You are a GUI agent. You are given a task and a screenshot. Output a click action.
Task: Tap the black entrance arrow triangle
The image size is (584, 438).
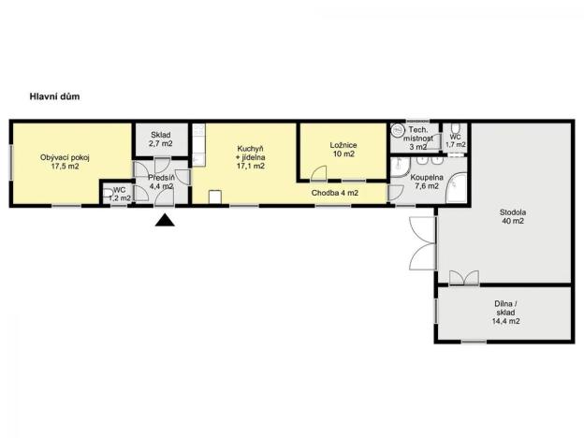pos(165,221)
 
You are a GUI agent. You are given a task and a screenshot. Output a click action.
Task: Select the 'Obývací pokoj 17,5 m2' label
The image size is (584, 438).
pos(59,162)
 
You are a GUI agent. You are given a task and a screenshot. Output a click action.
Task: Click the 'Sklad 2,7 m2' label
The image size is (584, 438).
pos(160,139)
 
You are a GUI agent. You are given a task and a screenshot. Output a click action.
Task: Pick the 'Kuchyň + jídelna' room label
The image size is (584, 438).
pos(250,157)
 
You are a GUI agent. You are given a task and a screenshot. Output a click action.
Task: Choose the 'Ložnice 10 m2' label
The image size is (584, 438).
pos(342,150)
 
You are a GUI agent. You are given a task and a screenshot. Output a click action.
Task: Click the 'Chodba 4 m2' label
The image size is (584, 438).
pos(335,194)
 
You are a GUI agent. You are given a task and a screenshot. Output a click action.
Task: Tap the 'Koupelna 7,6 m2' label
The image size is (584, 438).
pos(426,181)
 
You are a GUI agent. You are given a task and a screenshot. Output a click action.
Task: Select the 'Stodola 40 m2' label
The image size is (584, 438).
pos(511,216)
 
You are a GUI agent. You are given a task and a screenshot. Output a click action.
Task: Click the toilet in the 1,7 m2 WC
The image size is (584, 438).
pos(455,129)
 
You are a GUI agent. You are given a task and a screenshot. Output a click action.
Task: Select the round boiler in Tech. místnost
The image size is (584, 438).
pos(399,130)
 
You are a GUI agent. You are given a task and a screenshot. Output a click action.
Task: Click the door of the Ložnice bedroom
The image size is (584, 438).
pos(317,174)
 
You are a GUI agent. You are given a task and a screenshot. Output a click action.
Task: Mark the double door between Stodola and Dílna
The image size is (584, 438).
pos(461,278)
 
